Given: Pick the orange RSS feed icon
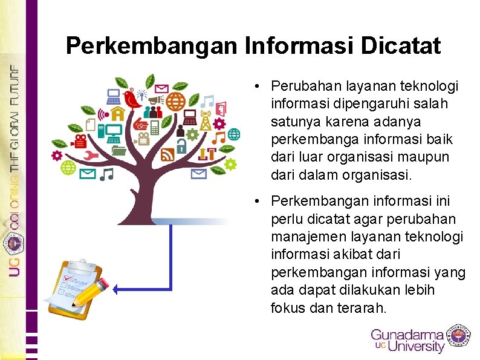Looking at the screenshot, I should pyautogui.click(x=167, y=155).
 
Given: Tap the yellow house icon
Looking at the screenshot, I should pyautogui.click(x=118, y=113).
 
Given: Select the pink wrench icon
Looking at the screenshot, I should pyautogui.click(x=92, y=155).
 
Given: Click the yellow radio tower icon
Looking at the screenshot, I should pyautogui.click(x=206, y=121).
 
